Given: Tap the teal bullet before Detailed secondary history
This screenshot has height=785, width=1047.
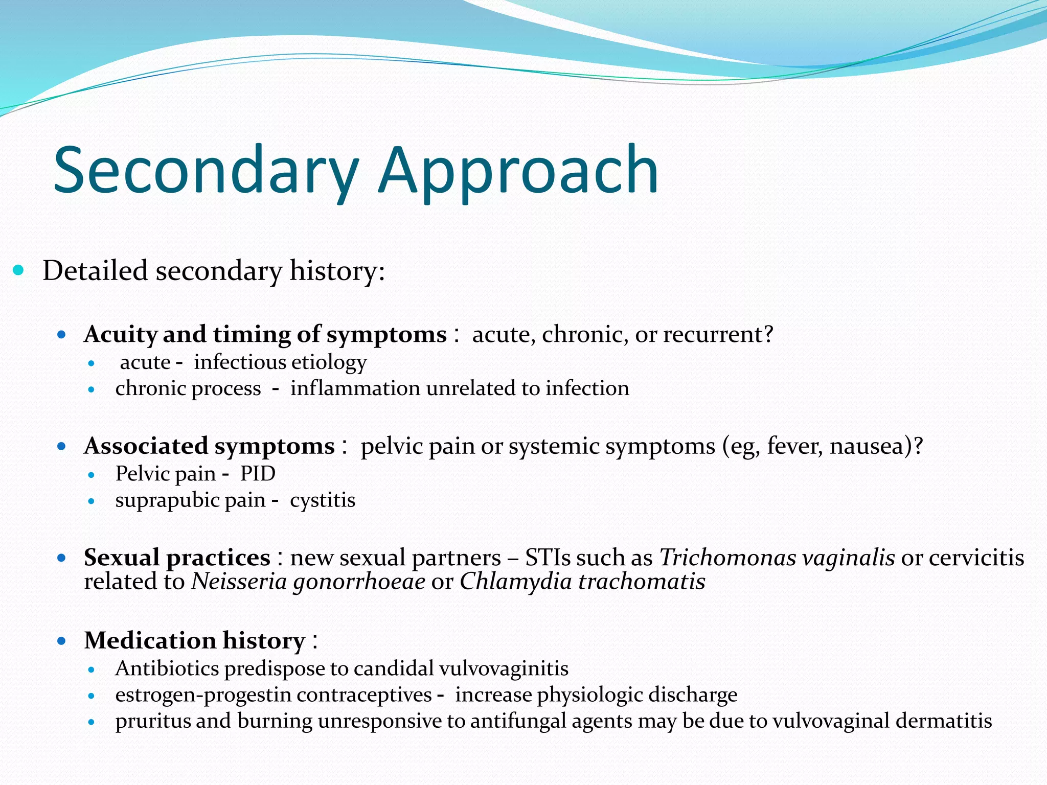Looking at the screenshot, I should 18,270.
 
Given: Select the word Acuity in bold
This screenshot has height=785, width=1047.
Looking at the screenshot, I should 121,335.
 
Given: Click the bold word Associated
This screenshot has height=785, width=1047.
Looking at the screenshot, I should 146,446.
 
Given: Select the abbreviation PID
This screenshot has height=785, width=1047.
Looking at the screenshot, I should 258,474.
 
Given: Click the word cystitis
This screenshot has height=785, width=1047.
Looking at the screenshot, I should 323,500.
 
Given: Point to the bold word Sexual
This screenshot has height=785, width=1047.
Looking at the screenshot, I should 121,558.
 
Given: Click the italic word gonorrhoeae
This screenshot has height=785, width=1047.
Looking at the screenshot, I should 359,582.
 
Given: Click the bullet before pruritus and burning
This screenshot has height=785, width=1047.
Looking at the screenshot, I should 92,722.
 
